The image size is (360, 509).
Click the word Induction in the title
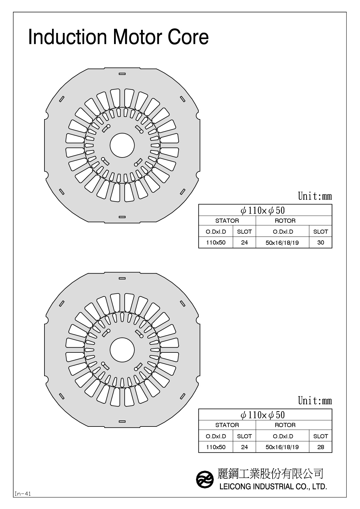click(67, 37)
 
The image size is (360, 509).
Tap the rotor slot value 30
click(320, 242)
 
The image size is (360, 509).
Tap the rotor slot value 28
click(320, 447)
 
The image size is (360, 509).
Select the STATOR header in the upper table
click(227, 221)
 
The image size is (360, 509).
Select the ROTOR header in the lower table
click(285, 425)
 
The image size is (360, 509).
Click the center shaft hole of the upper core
click(122, 145)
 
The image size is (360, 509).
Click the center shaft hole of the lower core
click(122, 350)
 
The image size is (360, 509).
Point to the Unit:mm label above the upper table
click(315, 196)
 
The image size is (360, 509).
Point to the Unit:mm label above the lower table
click(315, 401)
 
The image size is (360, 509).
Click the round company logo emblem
click(205, 479)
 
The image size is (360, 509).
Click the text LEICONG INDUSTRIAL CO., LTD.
click(273, 487)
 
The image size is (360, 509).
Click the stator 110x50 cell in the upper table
click(216, 242)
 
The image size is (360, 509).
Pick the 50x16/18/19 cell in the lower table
click(282, 447)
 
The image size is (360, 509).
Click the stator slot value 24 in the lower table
click(244, 447)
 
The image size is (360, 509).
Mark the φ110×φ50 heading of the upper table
click(263, 210)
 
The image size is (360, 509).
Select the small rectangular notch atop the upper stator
click(122, 73)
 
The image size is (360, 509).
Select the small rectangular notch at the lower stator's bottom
click(122, 421)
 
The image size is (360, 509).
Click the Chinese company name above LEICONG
click(270, 474)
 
